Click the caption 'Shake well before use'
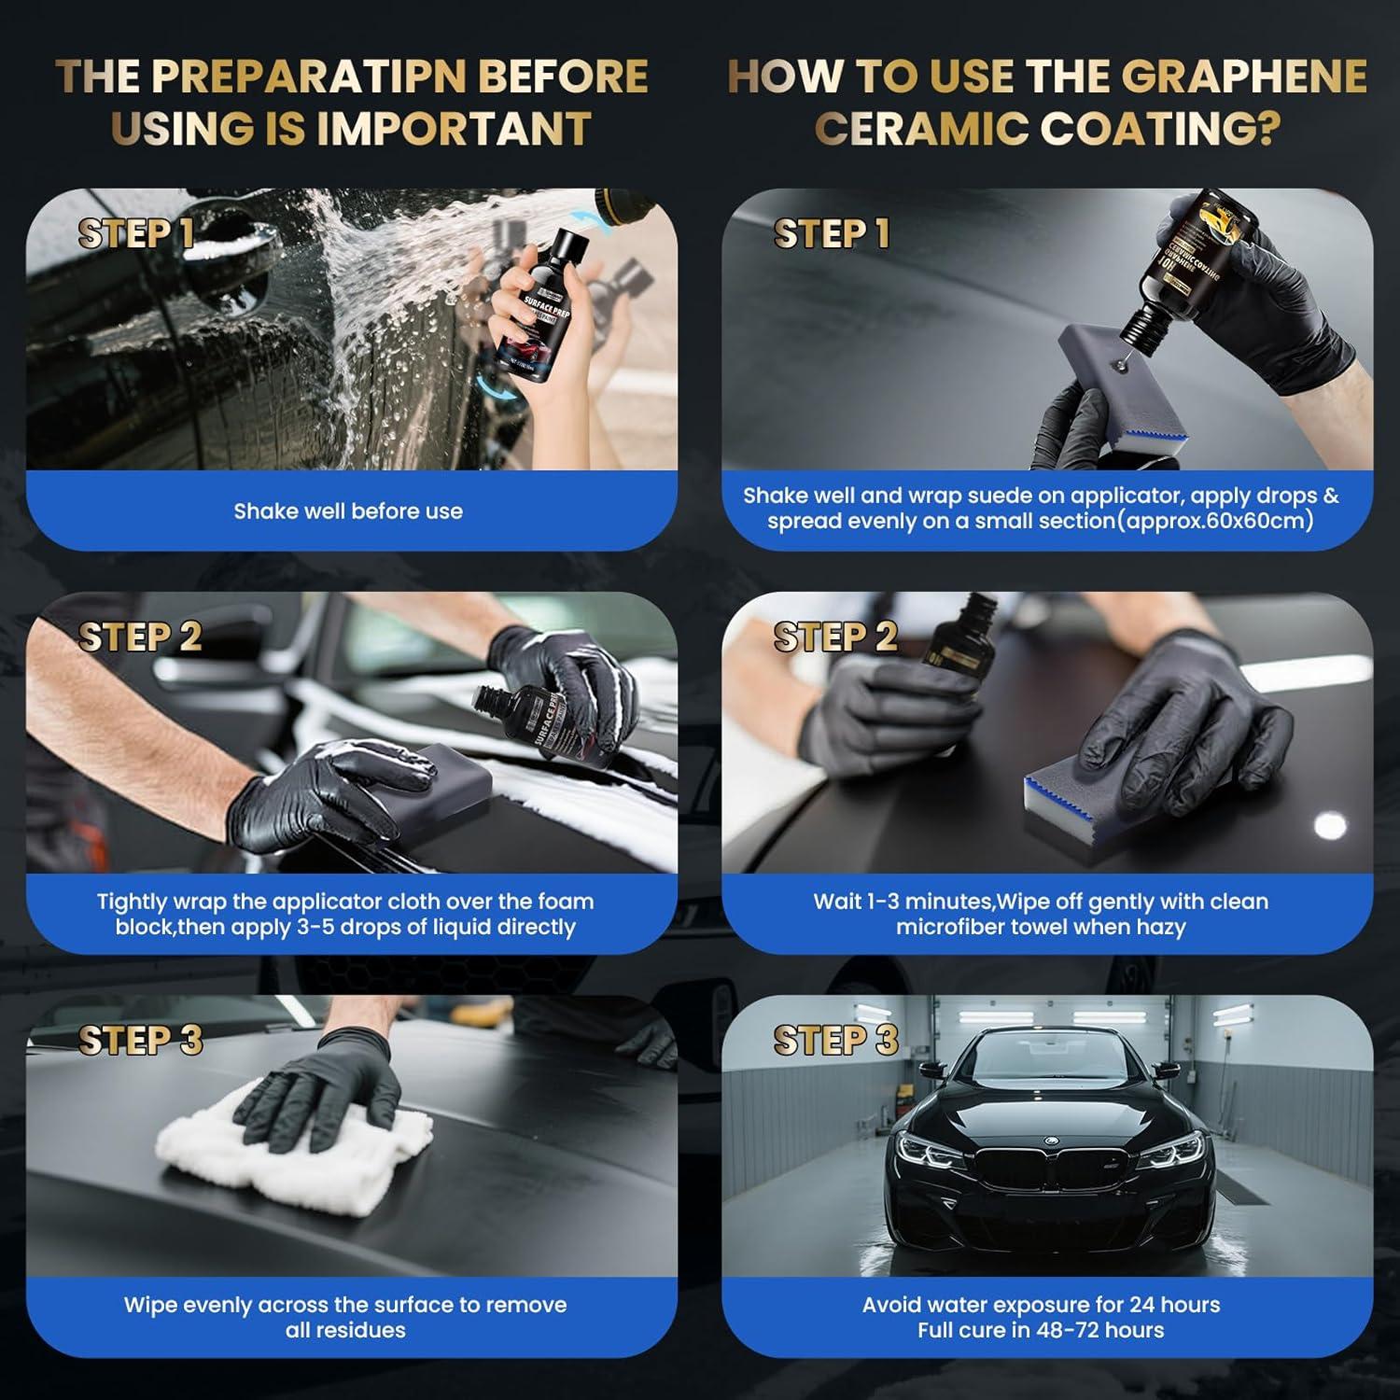[x=348, y=511]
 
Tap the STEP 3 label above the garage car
[x=835, y=1041]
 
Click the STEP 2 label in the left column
[x=140, y=637]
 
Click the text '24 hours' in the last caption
[x=1174, y=1305]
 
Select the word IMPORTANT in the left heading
[x=454, y=129]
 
